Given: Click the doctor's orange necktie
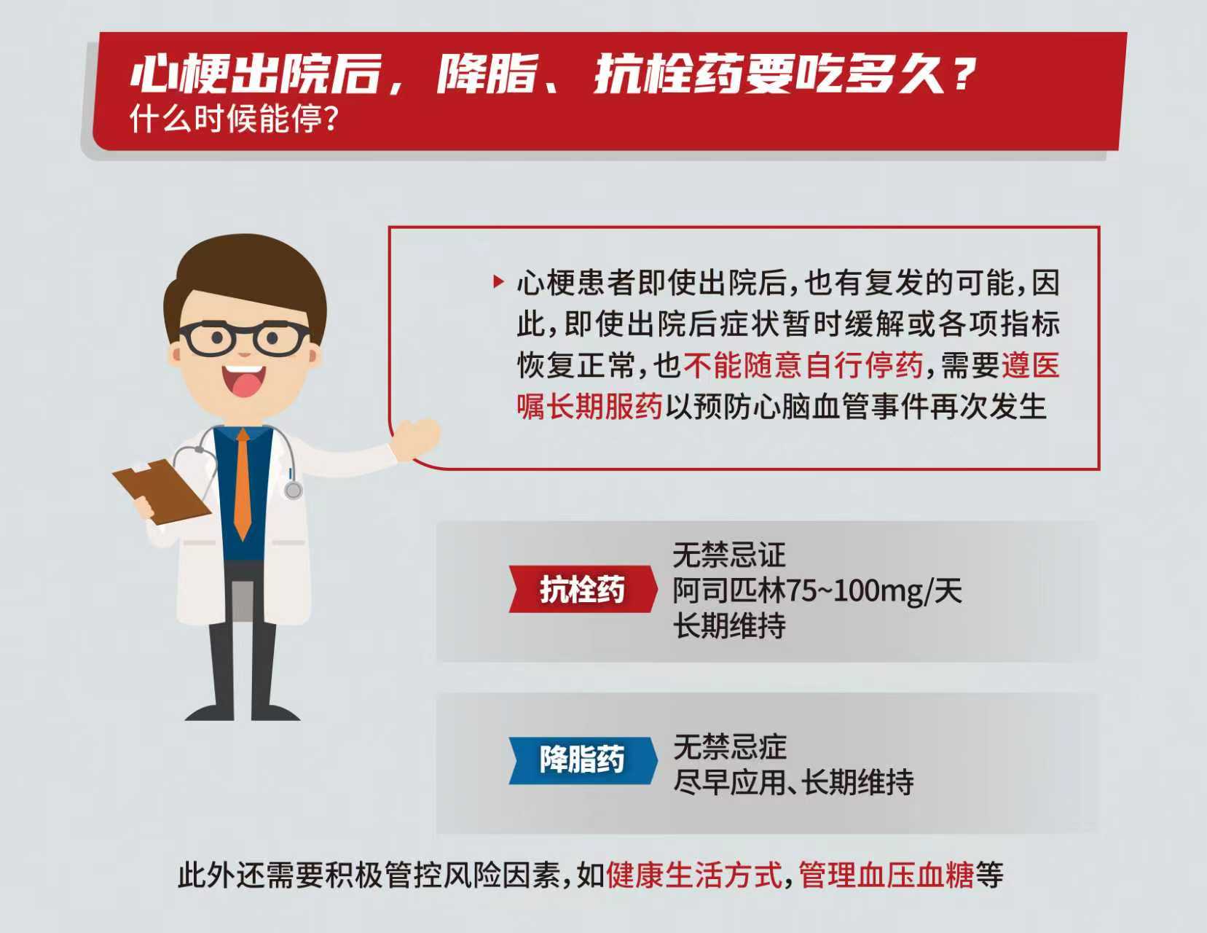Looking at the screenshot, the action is click(243, 483).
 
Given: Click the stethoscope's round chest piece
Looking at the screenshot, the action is click(294, 490).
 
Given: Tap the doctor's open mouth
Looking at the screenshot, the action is click(244, 380).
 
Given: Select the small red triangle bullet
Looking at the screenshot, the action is click(498, 281).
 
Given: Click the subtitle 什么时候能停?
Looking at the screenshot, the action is click(234, 118).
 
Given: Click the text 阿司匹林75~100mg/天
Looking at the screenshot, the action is click(817, 590).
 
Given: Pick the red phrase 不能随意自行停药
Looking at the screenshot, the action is click(803, 365).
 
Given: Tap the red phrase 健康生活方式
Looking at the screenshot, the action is click(694, 875).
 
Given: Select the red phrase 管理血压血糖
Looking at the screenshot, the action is click(886, 875).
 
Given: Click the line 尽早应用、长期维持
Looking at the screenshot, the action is click(793, 782).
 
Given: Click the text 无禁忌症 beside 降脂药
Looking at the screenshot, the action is click(730, 746).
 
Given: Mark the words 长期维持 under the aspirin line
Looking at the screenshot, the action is click(729, 625).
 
